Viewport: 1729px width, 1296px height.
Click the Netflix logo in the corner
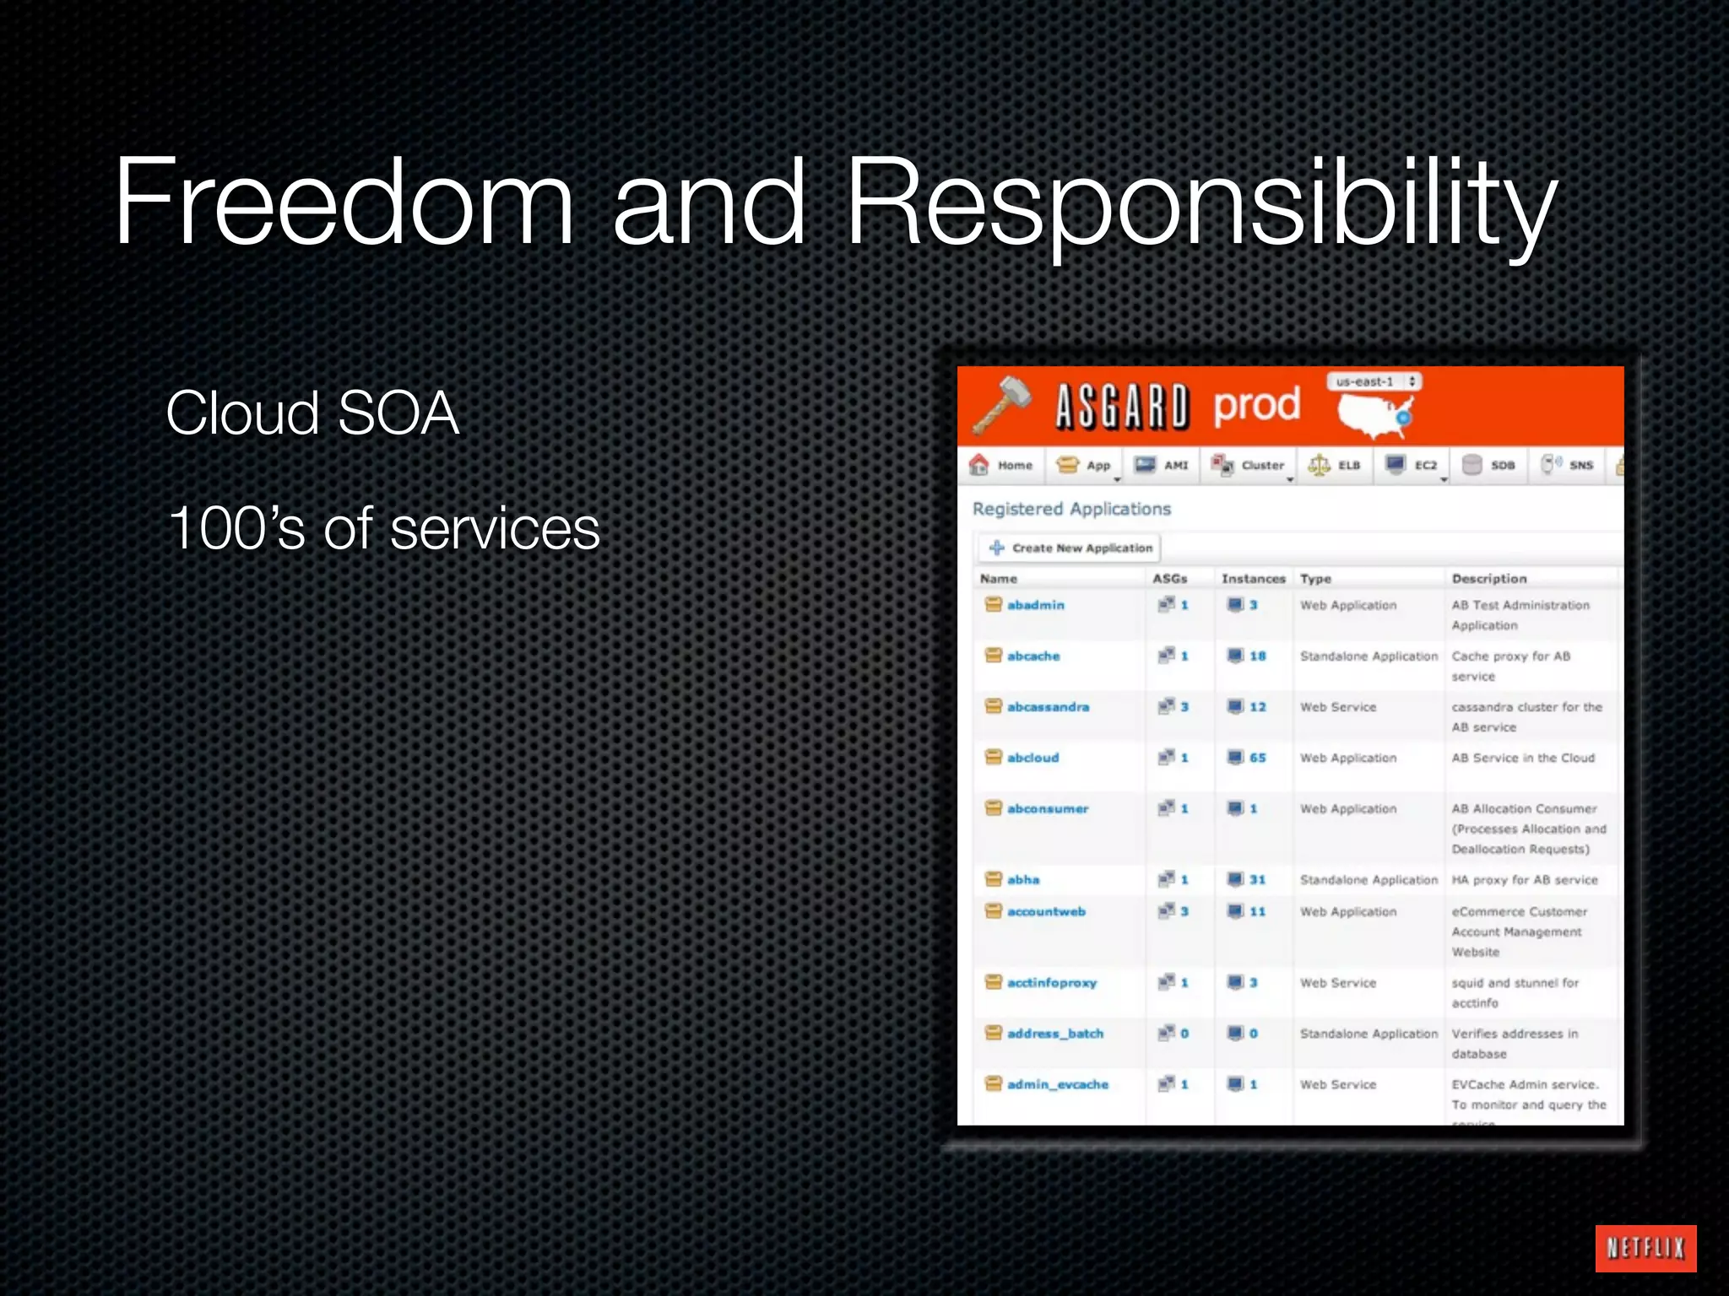pyautogui.click(x=1645, y=1247)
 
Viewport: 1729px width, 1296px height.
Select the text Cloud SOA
pyautogui.click(x=312, y=413)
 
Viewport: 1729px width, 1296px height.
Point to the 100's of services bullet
pyautogui.click(x=384, y=529)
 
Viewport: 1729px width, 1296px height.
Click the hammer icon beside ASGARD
pyautogui.click(x=1003, y=405)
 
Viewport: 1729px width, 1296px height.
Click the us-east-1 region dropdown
pyautogui.click(x=1374, y=381)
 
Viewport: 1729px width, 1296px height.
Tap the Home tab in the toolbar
pyautogui.click(x=1002, y=465)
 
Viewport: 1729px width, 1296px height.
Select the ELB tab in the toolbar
pyautogui.click(x=1336, y=465)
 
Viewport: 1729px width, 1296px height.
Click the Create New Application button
pyautogui.click(x=1070, y=548)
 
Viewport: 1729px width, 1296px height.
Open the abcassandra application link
pyautogui.click(x=1048, y=707)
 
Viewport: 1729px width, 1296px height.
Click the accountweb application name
pyautogui.click(x=1046, y=911)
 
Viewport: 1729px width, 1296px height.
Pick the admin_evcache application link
pyautogui.click(x=1057, y=1084)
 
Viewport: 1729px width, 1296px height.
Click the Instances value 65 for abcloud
pyautogui.click(x=1257, y=758)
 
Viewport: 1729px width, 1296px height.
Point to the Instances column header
pyautogui.click(x=1253, y=579)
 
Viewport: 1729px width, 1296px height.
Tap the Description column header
pyautogui.click(x=1489, y=579)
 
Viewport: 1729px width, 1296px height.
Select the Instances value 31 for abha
pyautogui.click(x=1257, y=879)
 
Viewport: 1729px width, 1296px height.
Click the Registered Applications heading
pyautogui.click(x=1071, y=509)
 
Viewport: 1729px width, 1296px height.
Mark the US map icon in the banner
pyautogui.click(x=1374, y=413)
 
